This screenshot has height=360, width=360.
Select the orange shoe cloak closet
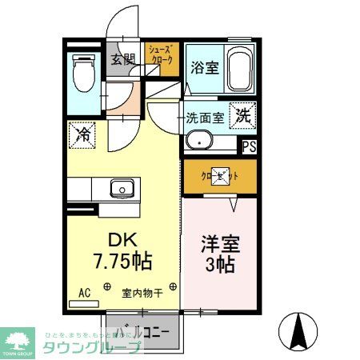pyautogui.click(x=162, y=59)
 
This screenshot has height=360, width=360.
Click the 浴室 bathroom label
pyautogui.click(x=204, y=69)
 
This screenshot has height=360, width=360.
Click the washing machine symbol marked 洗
pyautogui.click(x=243, y=115)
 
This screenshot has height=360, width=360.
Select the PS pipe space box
pyautogui.click(x=250, y=146)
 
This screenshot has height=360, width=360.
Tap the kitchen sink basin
pyautogui.click(x=121, y=190)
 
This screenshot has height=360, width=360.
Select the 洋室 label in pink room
pyautogui.click(x=219, y=242)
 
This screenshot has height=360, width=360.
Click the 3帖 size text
pyautogui.click(x=219, y=265)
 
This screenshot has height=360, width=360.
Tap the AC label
pyautogui.click(x=84, y=293)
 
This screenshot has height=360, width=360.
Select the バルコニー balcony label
pyautogui.click(x=144, y=331)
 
